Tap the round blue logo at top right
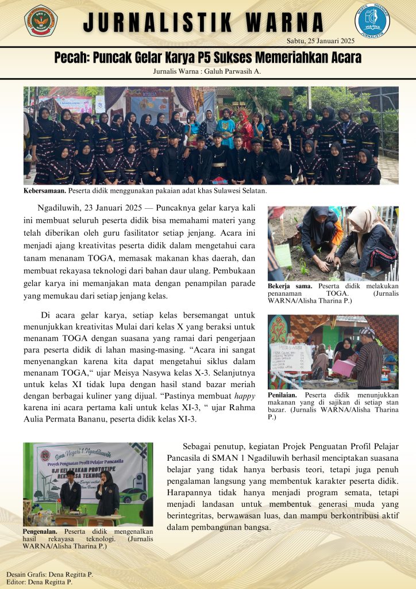point(372,21)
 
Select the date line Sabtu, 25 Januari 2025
point(320,40)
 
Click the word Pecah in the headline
point(71,58)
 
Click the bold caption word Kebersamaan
point(43,190)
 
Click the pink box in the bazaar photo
point(344,368)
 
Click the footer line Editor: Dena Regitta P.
point(40,582)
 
